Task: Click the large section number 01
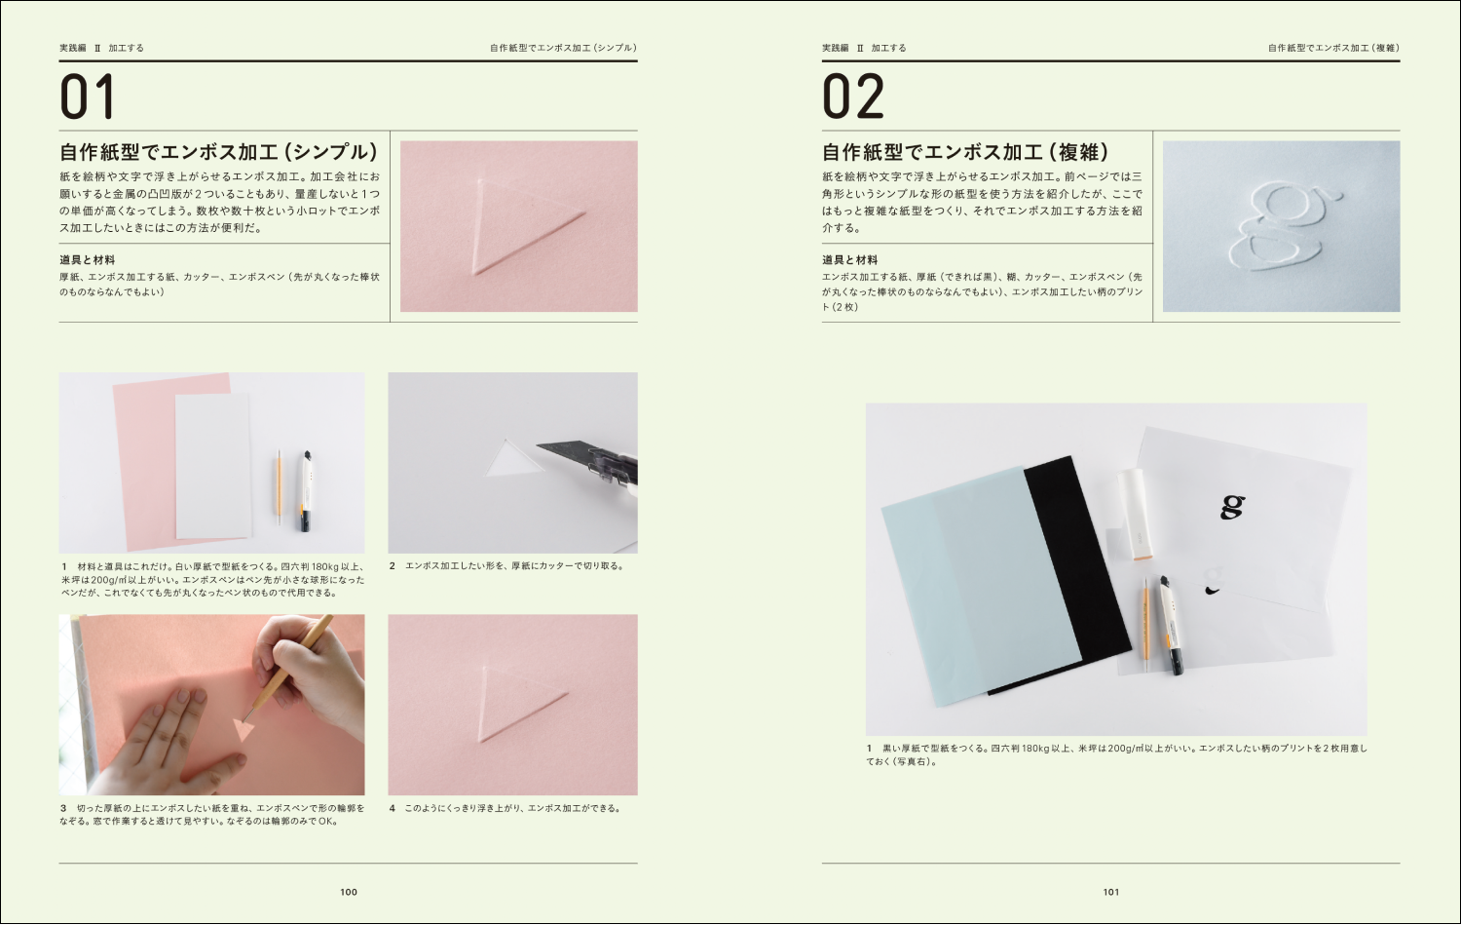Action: (88, 96)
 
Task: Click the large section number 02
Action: (853, 96)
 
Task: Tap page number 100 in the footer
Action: (349, 892)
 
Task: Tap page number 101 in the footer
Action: (1111, 892)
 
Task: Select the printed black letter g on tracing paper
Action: (1232, 506)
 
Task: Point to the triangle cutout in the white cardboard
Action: (514, 459)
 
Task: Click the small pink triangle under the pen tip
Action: (243, 728)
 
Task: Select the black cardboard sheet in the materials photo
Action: (1071, 565)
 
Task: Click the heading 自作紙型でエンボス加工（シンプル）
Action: (218, 152)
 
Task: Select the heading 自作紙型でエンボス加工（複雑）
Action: (965, 152)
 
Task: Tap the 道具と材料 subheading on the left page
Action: (87, 260)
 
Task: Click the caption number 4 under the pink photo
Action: (393, 808)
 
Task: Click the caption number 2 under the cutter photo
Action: (393, 566)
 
